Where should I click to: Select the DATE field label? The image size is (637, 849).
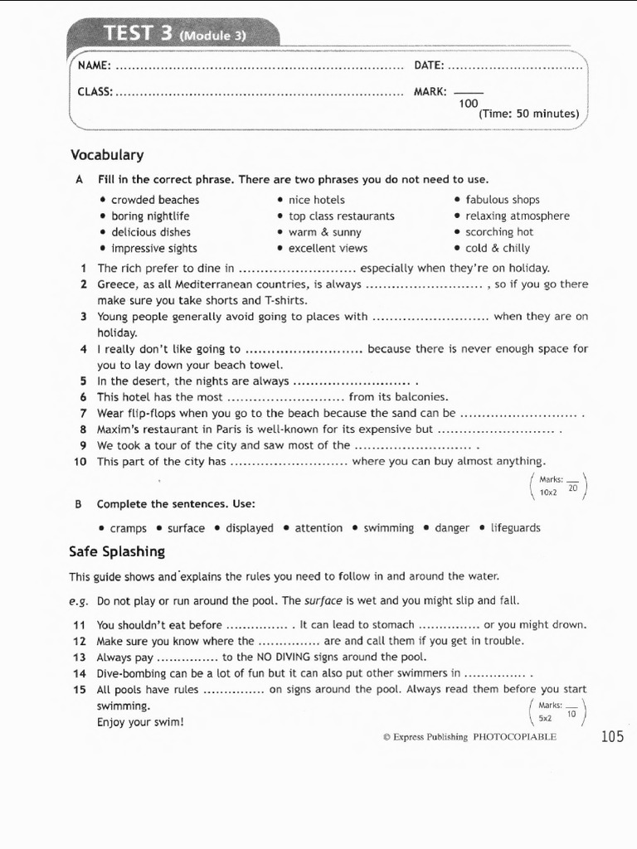click(429, 65)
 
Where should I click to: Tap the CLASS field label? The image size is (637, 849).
click(95, 91)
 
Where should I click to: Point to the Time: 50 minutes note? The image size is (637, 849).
click(528, 114)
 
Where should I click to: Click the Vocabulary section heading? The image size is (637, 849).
click(107, 155)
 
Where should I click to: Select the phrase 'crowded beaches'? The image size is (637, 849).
click(155, 200)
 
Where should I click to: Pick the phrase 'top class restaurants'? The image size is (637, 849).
click(341, 216)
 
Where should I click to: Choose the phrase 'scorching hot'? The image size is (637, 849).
click(499, 232)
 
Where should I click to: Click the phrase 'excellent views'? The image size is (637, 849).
click(328, 248)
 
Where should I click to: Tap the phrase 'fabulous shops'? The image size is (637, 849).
click(502, 200)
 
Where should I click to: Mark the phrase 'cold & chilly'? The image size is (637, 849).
click(498, 248)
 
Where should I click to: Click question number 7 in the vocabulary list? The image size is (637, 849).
click(84, 413)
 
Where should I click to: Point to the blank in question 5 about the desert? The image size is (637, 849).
click(353, 381)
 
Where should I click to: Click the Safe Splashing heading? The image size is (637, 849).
click(117, 551)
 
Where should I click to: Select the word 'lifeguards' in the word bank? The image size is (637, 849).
click(515, 528)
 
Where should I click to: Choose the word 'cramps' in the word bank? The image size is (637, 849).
click(128, 528)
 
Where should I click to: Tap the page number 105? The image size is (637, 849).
click(612, 735)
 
